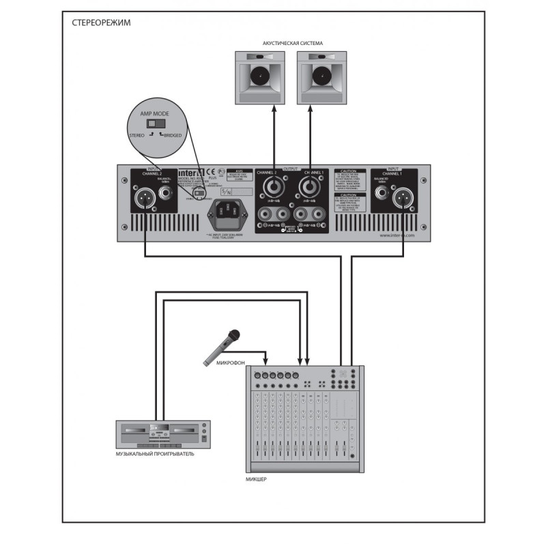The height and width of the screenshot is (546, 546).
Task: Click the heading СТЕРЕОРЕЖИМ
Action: coord(102,23)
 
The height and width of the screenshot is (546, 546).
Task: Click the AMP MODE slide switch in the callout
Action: coord(158,124)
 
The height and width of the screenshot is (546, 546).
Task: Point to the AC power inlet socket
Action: coord(230,214)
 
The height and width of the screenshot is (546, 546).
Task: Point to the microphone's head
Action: coord(234,335)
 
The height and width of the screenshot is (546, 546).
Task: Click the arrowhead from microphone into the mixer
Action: coord(266,361)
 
